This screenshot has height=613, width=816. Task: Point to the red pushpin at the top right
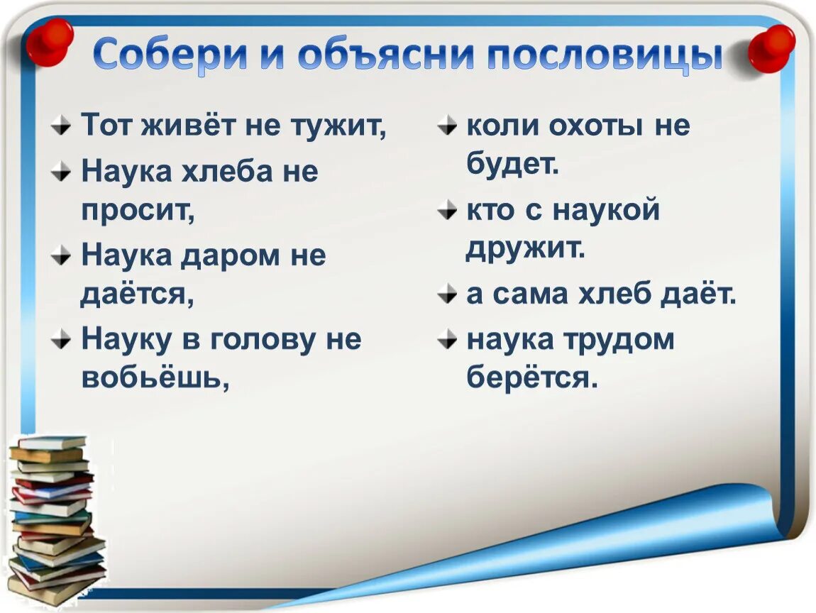pos(771,48)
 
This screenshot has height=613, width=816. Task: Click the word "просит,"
pos(138,211)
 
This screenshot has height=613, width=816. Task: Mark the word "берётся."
pos(533,377)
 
